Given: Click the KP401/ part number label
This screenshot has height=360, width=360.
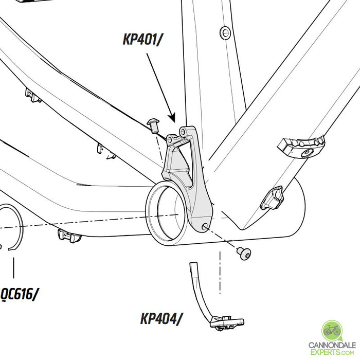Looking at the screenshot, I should tap(142, 39).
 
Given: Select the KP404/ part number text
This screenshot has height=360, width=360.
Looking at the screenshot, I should tap(161, 319).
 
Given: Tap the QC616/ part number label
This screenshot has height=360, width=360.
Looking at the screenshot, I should tap(20, 294).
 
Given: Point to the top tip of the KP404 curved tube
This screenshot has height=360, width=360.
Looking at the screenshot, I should tap(193, 265).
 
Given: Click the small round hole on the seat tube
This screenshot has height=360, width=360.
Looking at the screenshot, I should tap(224, 33).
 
